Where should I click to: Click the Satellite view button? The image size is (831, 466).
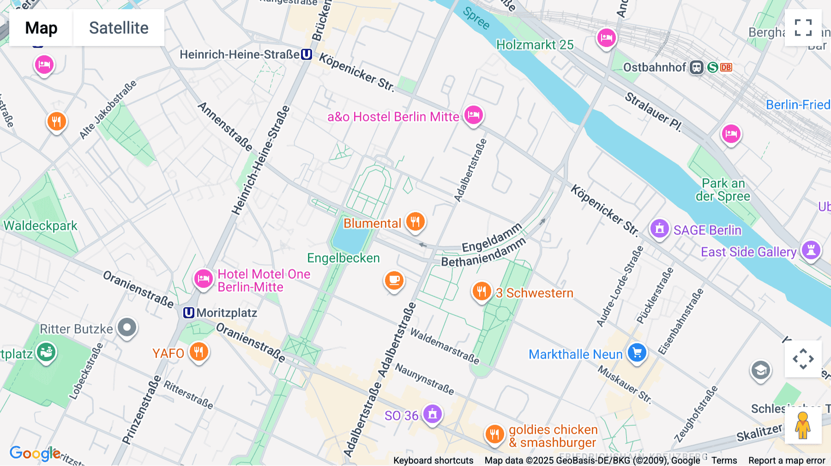pyautogui.click(x=119, y=28)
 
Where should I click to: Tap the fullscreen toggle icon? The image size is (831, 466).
pyautogui.click(x=803, y=28)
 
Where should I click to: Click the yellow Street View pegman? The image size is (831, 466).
pyautogui.click(x=803, y=425)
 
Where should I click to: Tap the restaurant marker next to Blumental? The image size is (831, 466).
pyautogui.click(x=415, y=221)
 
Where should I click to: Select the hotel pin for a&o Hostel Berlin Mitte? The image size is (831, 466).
pyautogui.click(x=473, y=115)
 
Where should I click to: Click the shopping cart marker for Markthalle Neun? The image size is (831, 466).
pyautogui.click(x=637, y=353)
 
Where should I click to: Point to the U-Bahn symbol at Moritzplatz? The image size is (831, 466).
pyautogui.click(x=188, y=313)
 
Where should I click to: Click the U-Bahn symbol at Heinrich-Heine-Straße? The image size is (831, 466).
pyautogui.click(x=307, y=54)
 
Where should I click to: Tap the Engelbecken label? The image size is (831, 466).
pyautogui.click(x=343, y=258)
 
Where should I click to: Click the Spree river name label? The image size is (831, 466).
pyautogui.click(x=476, y=18)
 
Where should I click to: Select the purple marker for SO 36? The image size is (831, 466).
pyautogui.click(x=432, y=414)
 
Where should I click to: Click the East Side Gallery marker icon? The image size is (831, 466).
pyautogui.click(x=811, y=250)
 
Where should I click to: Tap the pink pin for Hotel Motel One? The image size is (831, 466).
pyautogui.click(x=203, y=279)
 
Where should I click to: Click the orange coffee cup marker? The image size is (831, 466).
pyautogui.click(x=394, y=280)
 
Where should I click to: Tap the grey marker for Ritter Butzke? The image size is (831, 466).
pyautogui.click(x=127, y=328)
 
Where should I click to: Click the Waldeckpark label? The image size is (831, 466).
pyautogui.click(x=41, y=226)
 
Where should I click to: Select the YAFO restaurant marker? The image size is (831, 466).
pyautogui.click(x=199, y=352)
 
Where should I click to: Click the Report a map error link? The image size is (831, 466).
pyautogui.click(x=786, y=460)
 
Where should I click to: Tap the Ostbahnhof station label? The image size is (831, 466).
pyautogui.click(x=655, y=67)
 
